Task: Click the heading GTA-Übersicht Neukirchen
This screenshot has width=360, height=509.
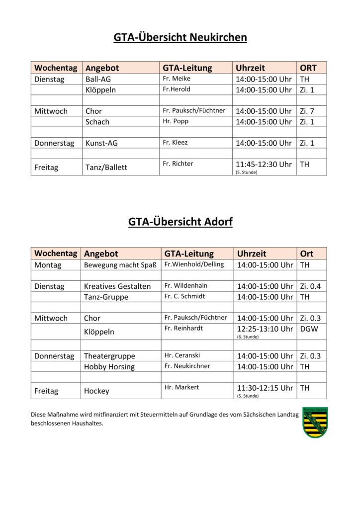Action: click(180, 37)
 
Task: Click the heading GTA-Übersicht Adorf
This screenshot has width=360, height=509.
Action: click(180, 222)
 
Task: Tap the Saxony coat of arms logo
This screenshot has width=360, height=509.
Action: click(315, 422)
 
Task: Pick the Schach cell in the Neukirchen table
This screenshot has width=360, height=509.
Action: click(97, 122)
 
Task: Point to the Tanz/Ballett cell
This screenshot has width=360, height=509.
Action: click(106, 168)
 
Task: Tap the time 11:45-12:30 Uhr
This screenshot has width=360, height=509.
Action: click(264, 165)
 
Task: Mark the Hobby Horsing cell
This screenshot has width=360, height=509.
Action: click(109, 367)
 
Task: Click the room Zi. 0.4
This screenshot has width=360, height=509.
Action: click(311, 286)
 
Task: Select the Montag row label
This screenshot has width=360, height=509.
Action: click(48, 265)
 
